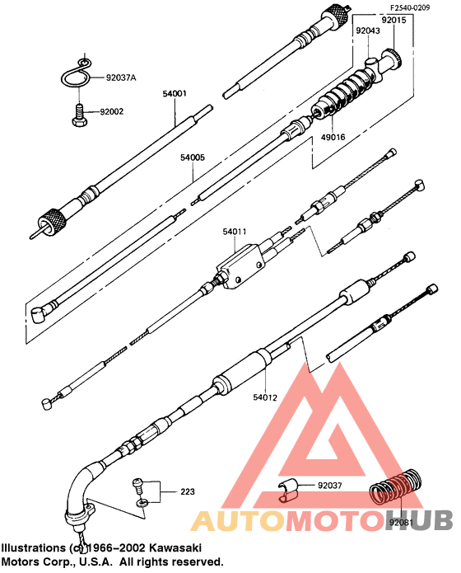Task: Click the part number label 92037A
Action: (121, 77)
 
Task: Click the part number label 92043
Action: (369, 31)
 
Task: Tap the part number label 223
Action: (188, 492)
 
